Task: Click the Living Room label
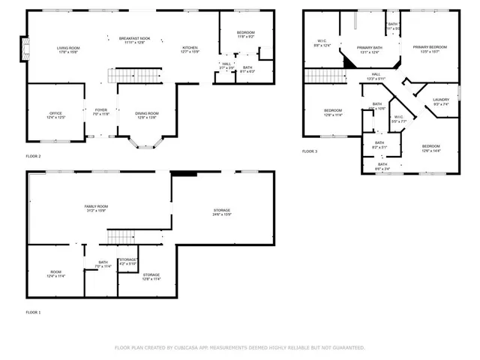pyautogui.click(x=69, y=50)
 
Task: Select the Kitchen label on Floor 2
pyautogui.click(x=190, y=50)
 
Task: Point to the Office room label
pyautogui.click(x=56, y=115)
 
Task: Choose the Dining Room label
pyautogui.click(x=146, y=115)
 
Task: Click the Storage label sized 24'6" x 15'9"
pyautogui.click(x=221, y=212)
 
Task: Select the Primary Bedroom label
pyautogui.click(x=430, y=49)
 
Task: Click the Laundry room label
pyautogui.click(x=441, y=101)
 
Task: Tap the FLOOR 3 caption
pyautogui.click(x=310, y=151)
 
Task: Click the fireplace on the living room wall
pyautogui.click(x=24, y=50)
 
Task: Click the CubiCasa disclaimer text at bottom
pyautogui.click(x=239, y=348)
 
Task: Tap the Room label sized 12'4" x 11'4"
pyautogui.click(x=56, y=274)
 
